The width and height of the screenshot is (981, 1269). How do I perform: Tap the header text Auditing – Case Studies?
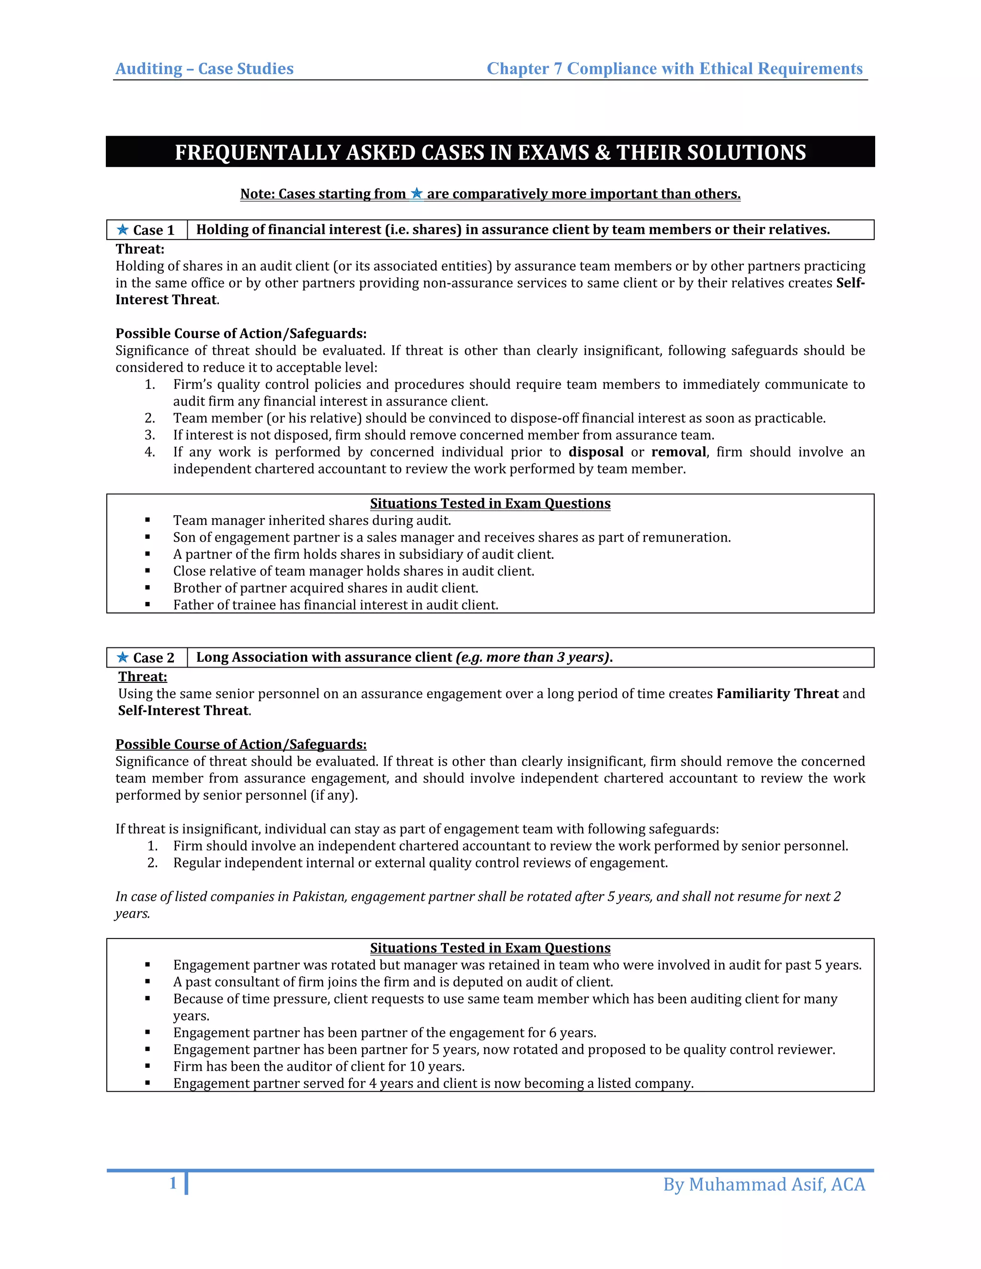(x=205, y=68)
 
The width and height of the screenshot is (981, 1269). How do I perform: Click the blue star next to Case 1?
(x=123, y=229)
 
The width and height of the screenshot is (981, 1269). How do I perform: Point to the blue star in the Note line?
(x=416, y=193)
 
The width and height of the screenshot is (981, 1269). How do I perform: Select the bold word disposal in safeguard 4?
(x=596, y=452)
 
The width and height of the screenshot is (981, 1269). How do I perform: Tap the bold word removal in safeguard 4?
(x=678, y=452)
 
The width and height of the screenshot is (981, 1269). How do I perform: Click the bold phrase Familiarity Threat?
(x=777, y=693)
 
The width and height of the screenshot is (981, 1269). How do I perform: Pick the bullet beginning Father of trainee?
(x=335, y=605)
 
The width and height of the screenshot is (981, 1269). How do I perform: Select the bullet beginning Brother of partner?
(x=325, y=588)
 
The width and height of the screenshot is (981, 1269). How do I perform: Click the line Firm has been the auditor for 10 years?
(x=319, y=1066)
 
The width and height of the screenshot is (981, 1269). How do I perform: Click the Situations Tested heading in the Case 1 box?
(x=490, y=503)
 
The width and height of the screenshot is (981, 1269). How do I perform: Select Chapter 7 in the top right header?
(x=524, y=68)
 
